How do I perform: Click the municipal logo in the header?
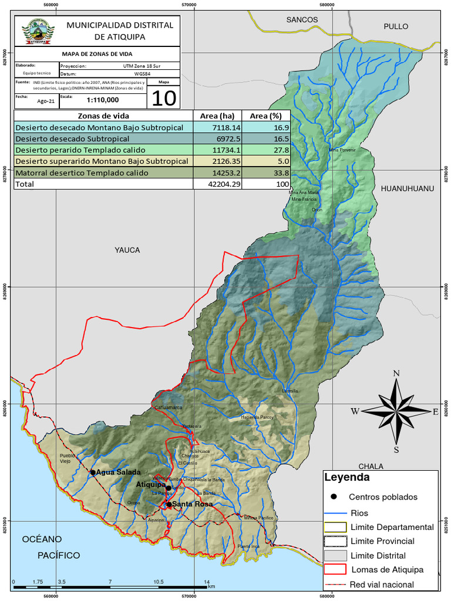[38, 31]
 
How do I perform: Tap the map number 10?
[163, 97]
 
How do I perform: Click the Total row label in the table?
[25, 184]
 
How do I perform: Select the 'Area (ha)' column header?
[217, 116]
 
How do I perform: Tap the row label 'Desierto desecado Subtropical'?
[72, 139]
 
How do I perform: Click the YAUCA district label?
[127, 250]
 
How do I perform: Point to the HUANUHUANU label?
[407, 188]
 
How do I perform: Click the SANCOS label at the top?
[302, 19]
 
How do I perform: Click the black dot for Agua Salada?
[93, 472]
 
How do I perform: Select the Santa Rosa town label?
[192, 504]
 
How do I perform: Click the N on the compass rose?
[396, 373]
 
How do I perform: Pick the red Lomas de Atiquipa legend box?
[334, 569]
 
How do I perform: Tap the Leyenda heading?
[346, 477]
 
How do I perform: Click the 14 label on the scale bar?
[206, 582]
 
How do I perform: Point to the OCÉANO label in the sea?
[42, 539]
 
